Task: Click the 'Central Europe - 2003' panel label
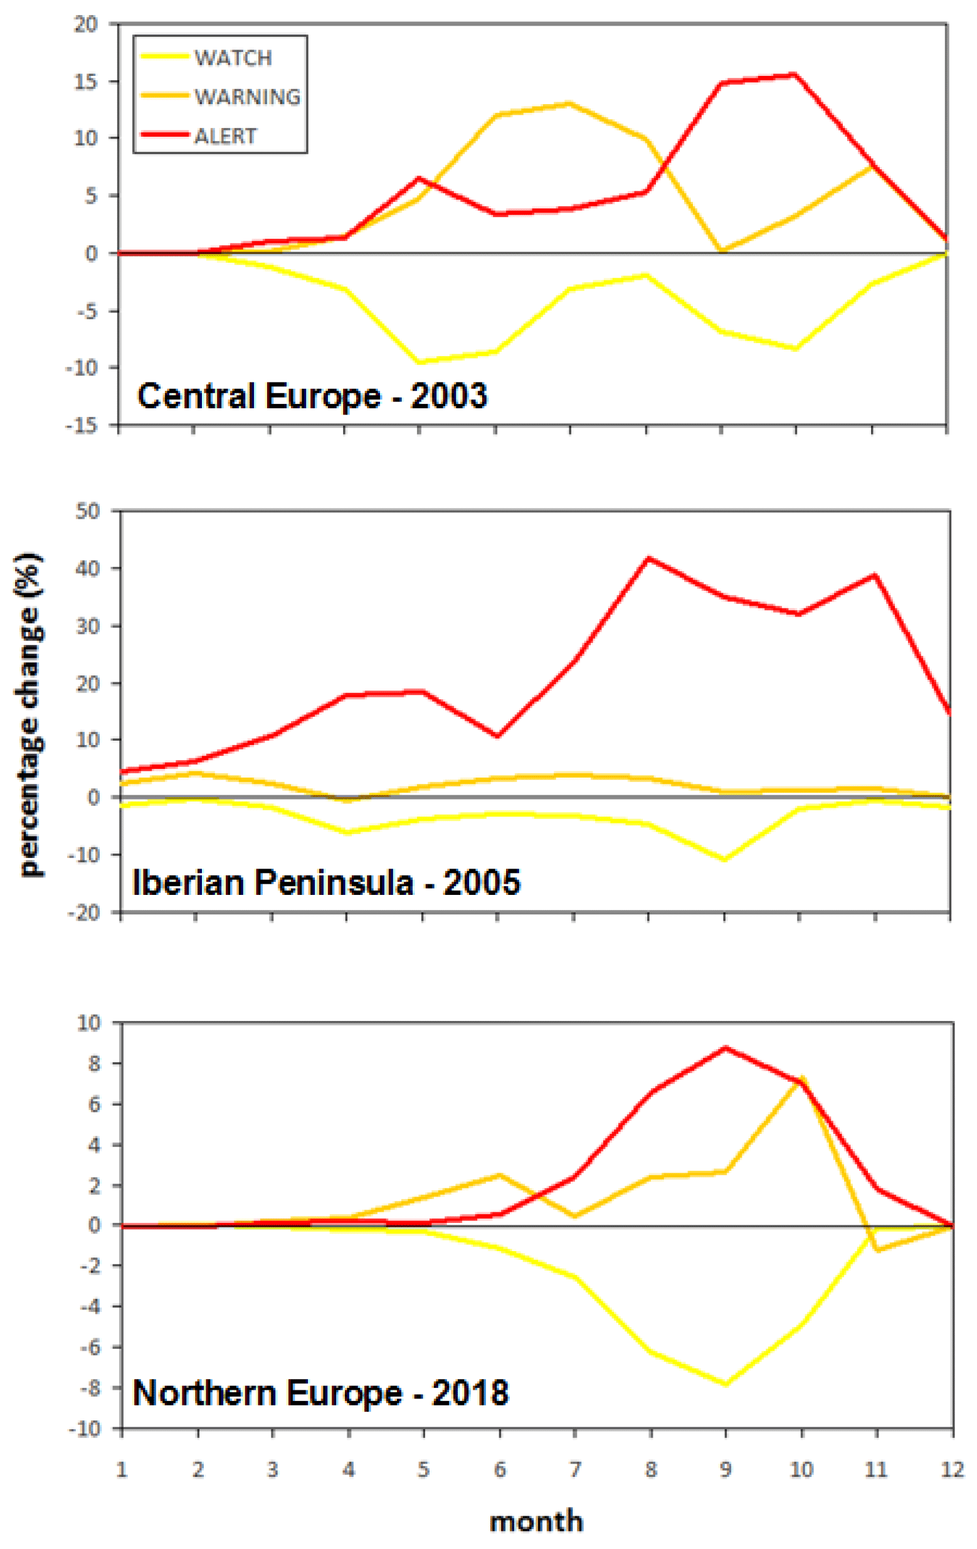coord(312,396)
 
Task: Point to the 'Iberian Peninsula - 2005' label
coord(325,881)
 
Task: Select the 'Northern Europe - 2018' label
coord(320,1393)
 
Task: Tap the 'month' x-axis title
coord(536,1521)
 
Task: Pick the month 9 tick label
coord(726,1469)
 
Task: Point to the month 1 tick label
coord(121,1469)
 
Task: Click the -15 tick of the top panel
coord(82,425)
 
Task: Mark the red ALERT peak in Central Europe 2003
coord(796,75)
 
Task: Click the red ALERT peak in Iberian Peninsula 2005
coord(648,558)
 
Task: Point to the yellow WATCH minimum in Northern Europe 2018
coord(726,1383)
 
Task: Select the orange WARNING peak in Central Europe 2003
coord(570,103)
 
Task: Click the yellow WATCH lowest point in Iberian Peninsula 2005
coord(724,859)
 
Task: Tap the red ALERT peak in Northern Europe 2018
coord(726,1048)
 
